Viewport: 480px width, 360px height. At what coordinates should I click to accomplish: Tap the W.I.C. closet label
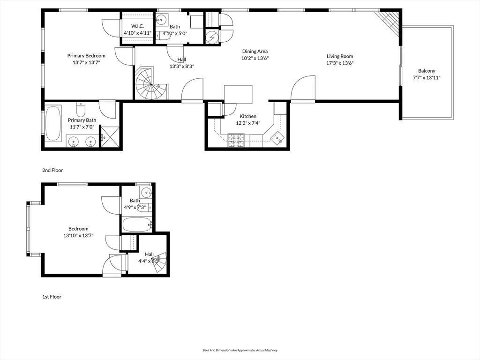click(137, 26)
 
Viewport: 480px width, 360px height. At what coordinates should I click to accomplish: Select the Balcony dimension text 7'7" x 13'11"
click(427, 78)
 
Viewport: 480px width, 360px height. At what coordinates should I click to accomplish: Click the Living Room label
click(340, 56)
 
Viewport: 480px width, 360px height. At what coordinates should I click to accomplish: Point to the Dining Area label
click(255, 52)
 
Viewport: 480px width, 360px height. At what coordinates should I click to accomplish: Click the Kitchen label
click(248, 116)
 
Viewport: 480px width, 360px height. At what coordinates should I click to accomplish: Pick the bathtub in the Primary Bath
click(53, 123)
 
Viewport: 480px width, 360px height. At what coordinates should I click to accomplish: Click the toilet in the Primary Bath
click(81, 110)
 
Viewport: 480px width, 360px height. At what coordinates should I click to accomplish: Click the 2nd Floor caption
click(52, 171)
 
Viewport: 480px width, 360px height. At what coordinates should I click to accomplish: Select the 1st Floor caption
click(52, 297)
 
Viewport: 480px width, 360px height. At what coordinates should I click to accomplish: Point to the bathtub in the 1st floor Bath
click(137, 225)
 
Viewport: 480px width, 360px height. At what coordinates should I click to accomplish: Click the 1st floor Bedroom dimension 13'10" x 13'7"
click(79, 236)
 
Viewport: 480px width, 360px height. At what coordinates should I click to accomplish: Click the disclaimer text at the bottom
click(240, 350)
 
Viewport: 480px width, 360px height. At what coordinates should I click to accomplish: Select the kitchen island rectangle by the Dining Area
click(238, 95)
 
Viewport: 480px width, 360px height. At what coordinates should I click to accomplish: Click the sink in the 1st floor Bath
click(146, 192)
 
